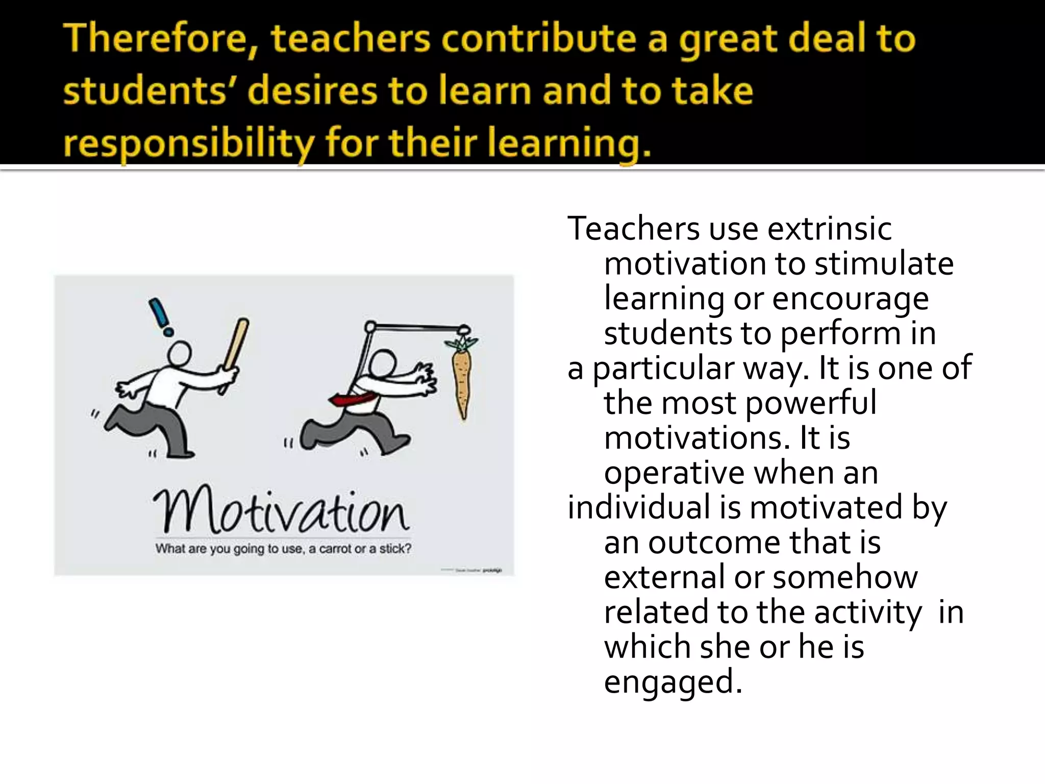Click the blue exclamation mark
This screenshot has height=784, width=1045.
click(x=160, y=316)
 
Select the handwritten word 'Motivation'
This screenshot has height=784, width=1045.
click(x=281, y=510)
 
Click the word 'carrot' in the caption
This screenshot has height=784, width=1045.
click(x=335, y=549)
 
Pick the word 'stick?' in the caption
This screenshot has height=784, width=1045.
click(x=395, y=549)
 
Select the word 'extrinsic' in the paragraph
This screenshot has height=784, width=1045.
click(x=829, y=229)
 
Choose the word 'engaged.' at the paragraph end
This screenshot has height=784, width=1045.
click(x=673, y=682)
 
